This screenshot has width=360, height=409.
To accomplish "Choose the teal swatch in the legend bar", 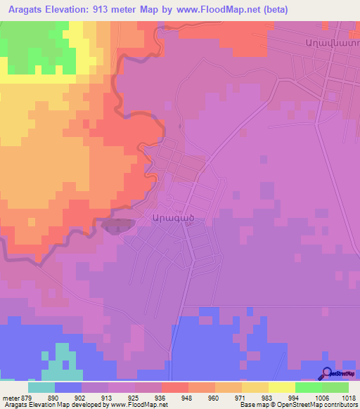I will [41, 387].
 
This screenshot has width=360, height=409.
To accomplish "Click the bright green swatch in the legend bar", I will [308, 387].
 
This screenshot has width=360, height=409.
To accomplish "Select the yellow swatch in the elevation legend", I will [281, 387].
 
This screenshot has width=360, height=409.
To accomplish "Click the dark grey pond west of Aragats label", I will [117, 226].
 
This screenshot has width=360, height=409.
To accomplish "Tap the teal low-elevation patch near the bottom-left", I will [61, 363].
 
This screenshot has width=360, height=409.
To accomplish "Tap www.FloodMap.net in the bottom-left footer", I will [134, 405].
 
